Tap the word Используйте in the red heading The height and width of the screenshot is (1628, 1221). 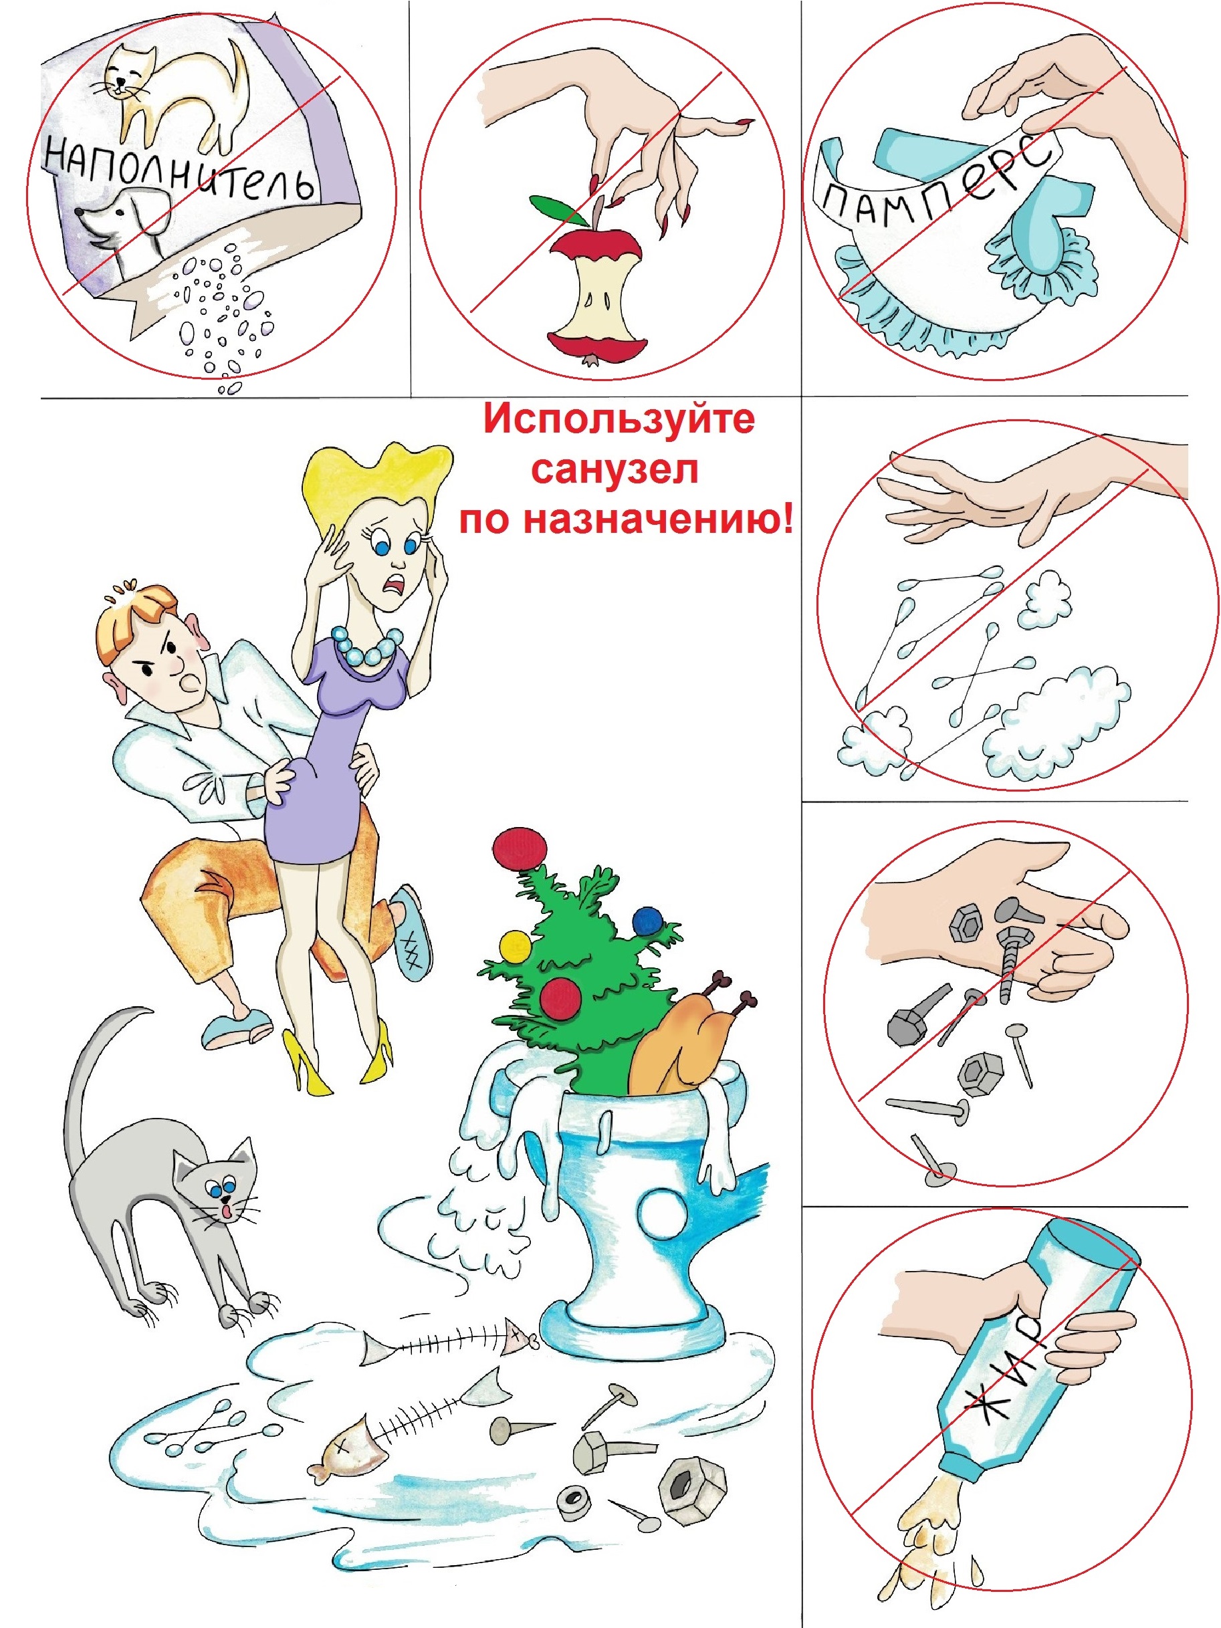[619, 419]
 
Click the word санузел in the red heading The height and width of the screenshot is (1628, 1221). [615, 469]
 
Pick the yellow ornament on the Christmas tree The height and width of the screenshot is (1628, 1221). [515, 947]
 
